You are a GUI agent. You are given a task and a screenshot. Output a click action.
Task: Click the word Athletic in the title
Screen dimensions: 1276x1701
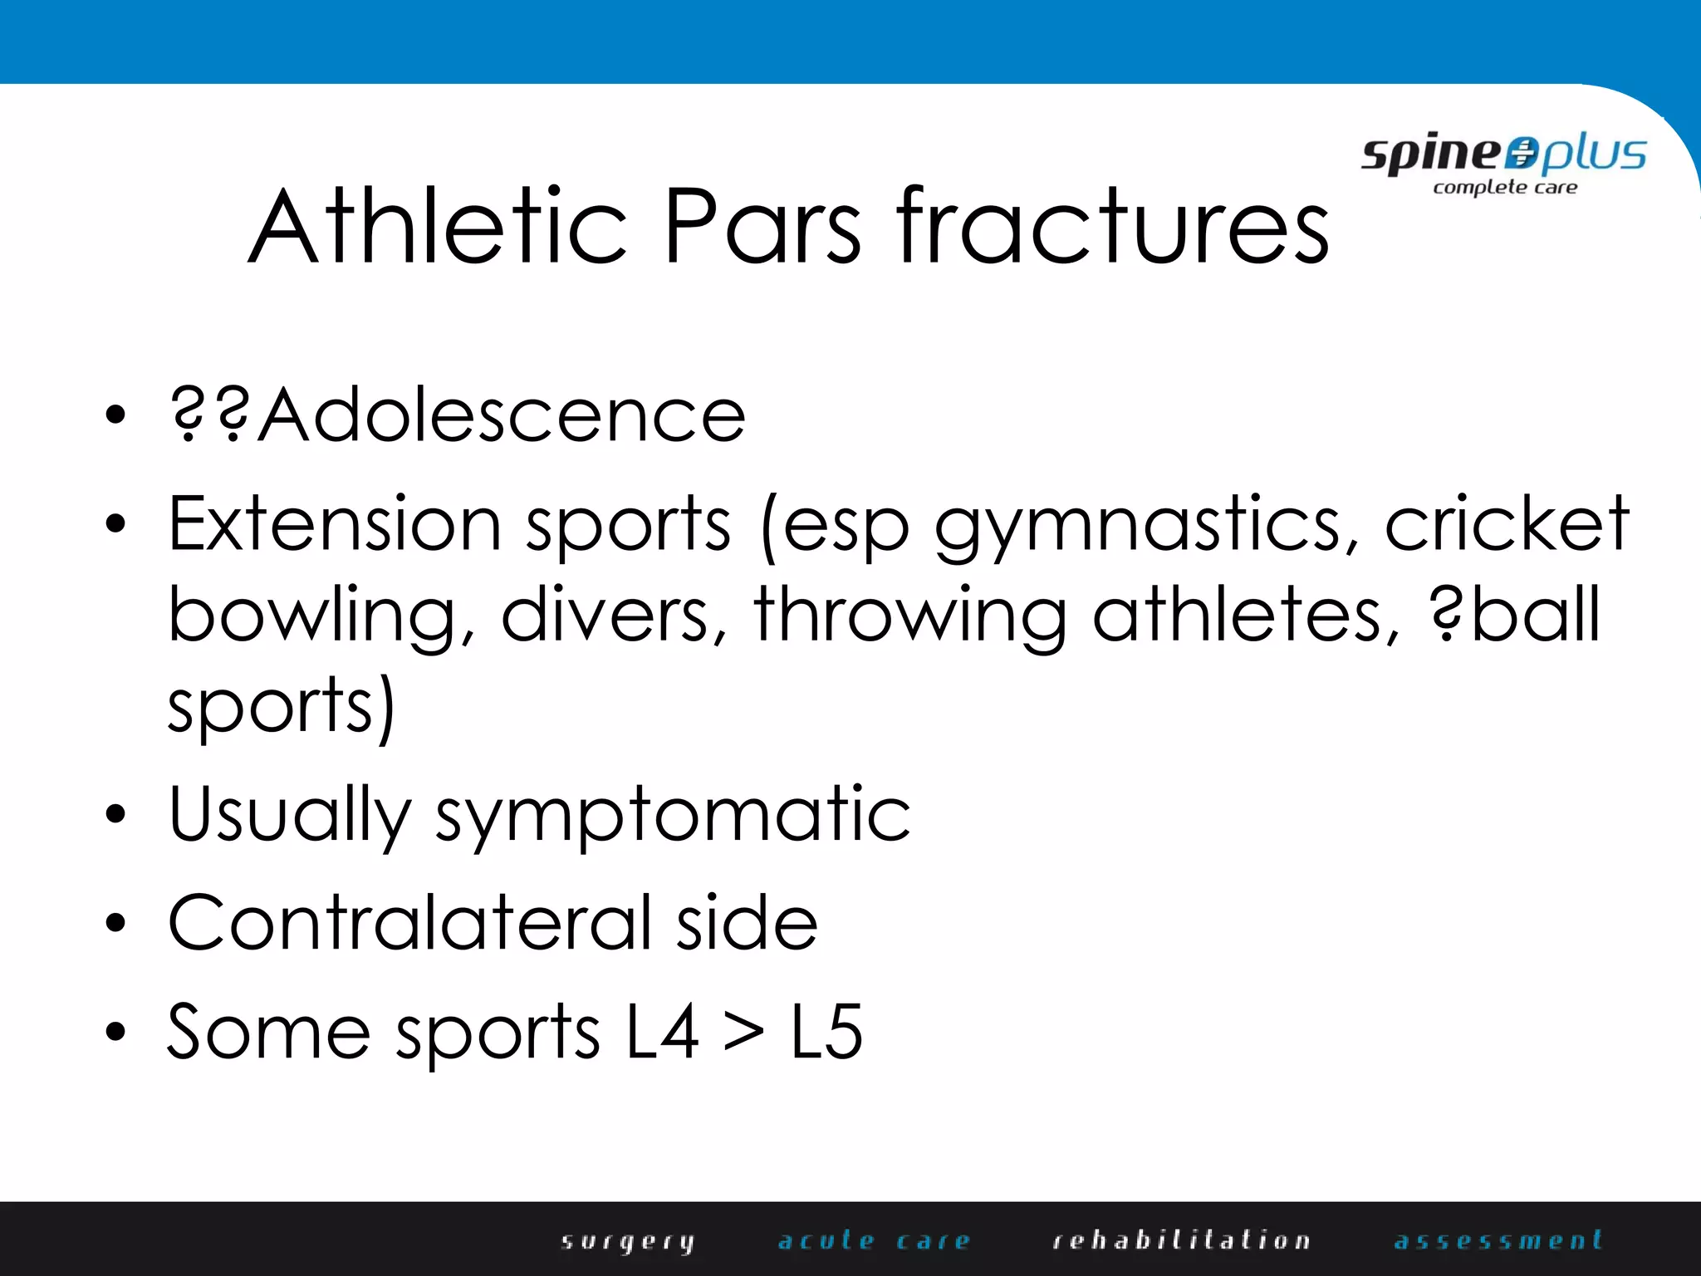(438, 226)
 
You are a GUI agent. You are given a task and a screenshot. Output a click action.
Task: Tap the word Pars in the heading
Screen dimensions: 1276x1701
(762, 226)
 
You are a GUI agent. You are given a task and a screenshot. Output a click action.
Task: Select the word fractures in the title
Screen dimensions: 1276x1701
(1113, 226)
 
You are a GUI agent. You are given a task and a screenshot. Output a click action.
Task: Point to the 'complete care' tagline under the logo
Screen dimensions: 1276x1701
(1505, 188)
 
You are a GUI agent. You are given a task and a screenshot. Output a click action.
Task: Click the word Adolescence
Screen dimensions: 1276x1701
(502, 415)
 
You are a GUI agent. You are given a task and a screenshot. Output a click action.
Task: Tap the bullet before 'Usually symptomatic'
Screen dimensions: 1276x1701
(116, 814)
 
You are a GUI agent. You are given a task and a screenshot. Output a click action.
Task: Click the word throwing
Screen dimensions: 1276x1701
(910, 616)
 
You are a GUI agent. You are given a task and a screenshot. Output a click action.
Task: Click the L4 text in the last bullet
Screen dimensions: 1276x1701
(662, 1032)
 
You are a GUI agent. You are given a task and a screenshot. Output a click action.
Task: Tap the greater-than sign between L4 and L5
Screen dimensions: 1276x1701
(743, 1033)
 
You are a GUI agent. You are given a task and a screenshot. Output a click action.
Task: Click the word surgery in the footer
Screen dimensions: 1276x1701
(628, 1241)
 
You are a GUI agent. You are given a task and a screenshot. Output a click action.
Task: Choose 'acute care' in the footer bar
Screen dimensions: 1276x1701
(874, 1241)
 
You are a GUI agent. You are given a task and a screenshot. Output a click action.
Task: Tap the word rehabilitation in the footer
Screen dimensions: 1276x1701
(1181, 1241)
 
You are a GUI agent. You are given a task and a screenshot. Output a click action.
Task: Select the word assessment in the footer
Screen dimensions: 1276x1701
(1498, 1241)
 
